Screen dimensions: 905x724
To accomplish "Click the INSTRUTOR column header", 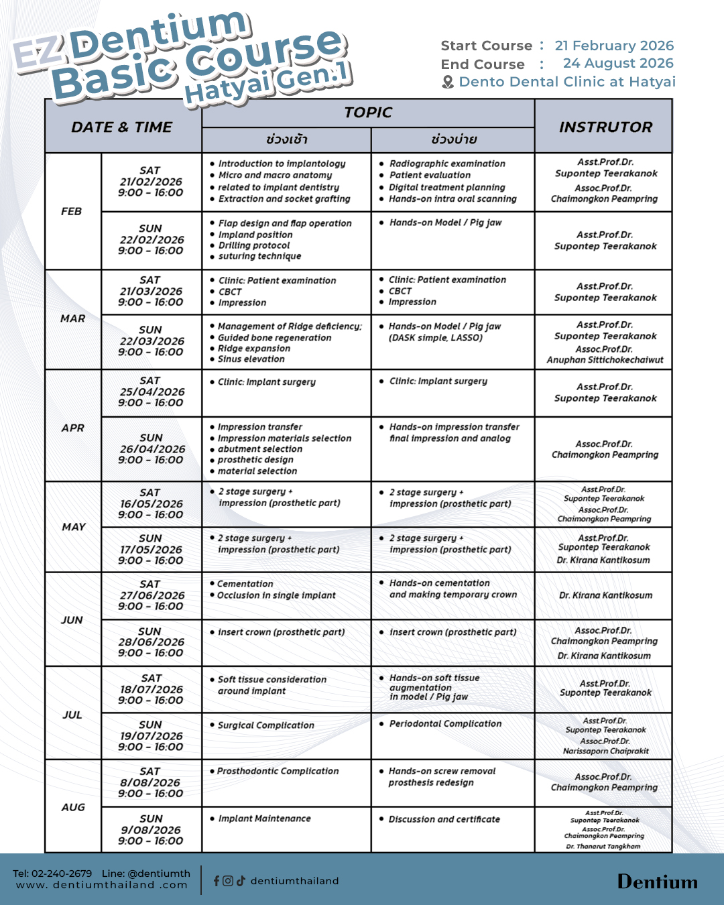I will [x=605, y=127].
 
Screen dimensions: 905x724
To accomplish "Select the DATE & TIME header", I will [x=122, y=127].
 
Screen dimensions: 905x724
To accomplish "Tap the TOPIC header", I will [x=368, y=113].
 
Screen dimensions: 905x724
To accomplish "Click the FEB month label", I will [x=72, y=211].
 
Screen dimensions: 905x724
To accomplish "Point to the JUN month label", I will [x=72, y=620].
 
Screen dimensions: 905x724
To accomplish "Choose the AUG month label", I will [x=73, y=807].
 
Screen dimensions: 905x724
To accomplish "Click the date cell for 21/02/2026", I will [x=151, y=182].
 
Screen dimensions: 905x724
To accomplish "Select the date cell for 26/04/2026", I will [x=152, y=448].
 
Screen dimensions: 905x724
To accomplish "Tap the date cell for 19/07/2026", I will [x=151, y=735].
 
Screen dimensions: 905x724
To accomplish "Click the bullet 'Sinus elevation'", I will [x=251, y=359].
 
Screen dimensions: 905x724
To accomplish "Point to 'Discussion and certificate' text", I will [x=444, y=819].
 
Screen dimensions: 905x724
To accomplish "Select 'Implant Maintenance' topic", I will [x=265, y=819].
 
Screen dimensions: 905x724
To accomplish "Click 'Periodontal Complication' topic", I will [x=446, y=724].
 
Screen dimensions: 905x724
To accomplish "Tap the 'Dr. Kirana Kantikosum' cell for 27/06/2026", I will [x=605, y=595].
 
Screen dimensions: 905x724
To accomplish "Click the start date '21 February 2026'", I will [x=614, y=46].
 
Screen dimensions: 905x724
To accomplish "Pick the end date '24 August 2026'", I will [x=618, y=63].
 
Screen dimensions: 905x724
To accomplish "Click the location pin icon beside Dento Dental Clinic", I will [x=448, y=82].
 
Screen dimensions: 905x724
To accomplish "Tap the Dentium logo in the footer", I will [x=657, y=882].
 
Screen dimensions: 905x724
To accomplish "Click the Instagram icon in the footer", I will [x=228, y=881].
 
